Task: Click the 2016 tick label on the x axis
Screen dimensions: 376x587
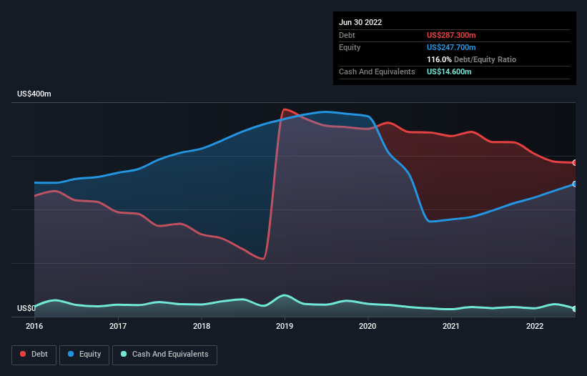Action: (x=34, y=326)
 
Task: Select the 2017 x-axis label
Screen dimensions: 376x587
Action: (x=118, y=326)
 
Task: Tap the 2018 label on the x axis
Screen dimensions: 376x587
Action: (x=202, y=326)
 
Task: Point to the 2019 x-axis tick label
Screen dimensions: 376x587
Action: (x=285, y=326)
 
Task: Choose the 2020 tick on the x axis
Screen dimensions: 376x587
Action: (x=368, y=326)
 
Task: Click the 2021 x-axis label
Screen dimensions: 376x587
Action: (x=451, y=326)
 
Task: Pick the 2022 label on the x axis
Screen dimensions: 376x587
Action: (x=534, y=326)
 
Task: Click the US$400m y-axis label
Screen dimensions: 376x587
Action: (x=34, y=94)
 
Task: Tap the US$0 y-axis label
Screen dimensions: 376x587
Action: (x=26, y=309)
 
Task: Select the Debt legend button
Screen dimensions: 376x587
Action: (x=33, y=355)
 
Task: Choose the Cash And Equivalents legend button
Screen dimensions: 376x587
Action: (x=164, y=355)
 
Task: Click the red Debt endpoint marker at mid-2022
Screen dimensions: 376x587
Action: (x=575, y=163)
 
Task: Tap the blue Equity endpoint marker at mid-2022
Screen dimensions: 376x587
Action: (x=575, y=184)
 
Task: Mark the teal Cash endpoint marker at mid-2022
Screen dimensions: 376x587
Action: (x=575, y=309)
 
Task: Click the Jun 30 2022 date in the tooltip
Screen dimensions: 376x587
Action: (x=360, y=22)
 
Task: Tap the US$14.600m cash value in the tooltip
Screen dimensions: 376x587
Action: (x=449, y=71)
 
